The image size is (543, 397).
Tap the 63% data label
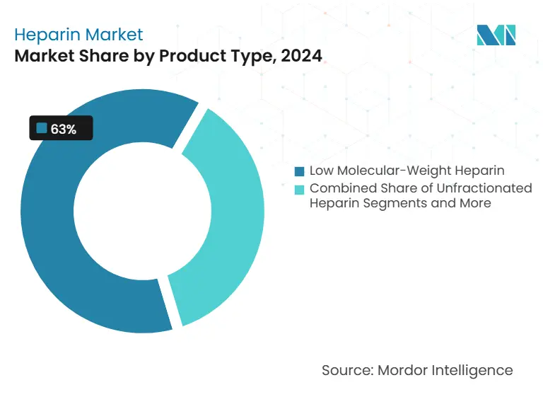(x=62, y=129)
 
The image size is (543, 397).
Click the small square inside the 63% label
(x=41, y=129)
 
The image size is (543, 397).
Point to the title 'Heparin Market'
(x=78, y=34)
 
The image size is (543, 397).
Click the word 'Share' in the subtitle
(x=99, y=57)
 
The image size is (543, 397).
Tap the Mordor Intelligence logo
(x=496, y=35)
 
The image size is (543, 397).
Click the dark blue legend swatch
(x=300, y=171)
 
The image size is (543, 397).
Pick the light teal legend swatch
(x=300, y=189)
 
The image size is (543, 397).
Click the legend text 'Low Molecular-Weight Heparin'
(x=407, y=171)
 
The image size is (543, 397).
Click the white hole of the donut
(x=141, y=212)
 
